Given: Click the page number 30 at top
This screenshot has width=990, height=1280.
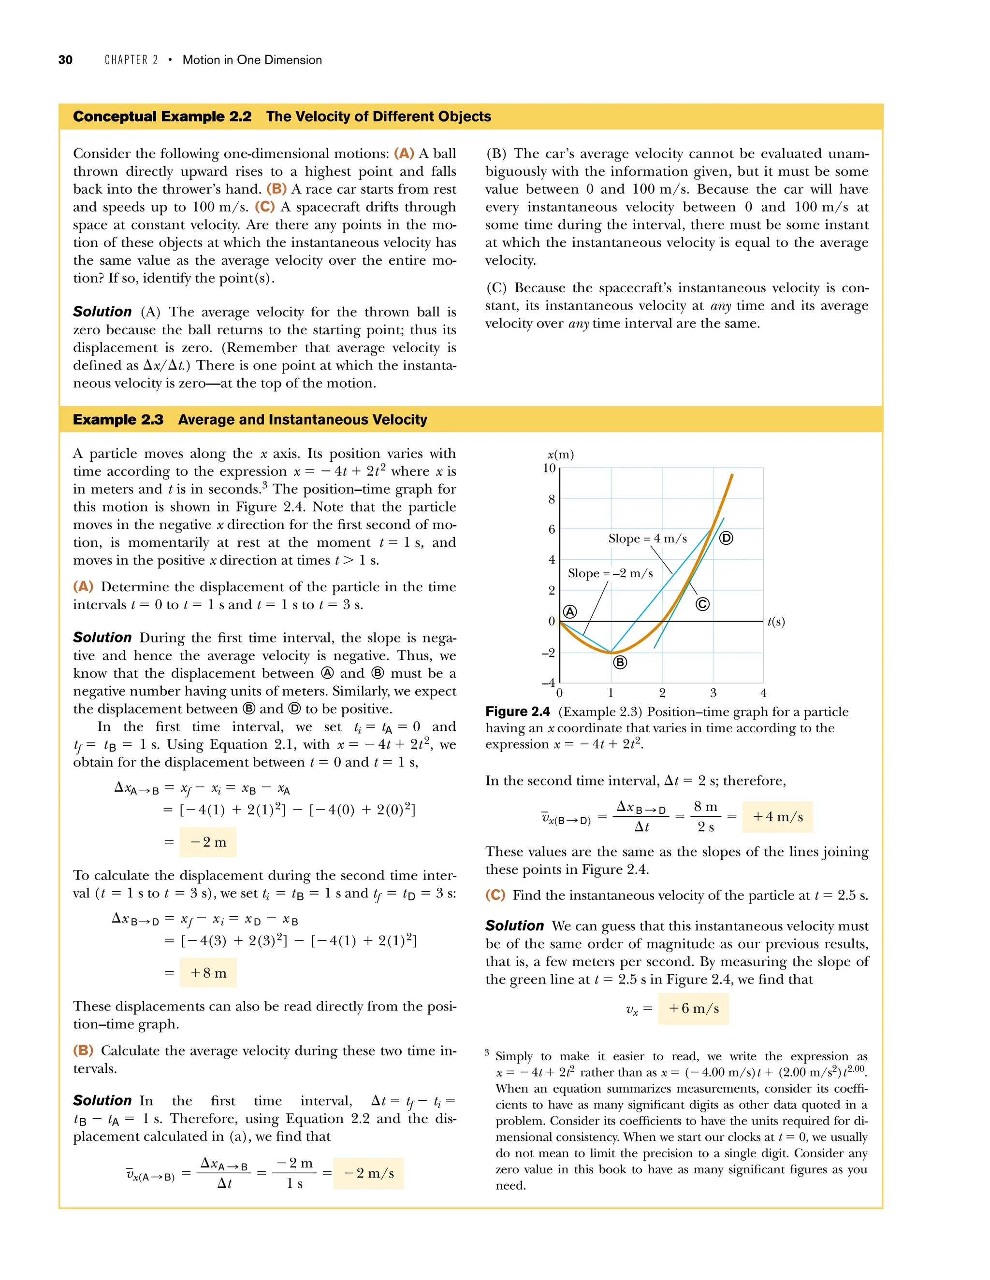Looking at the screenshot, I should (x=65, y=60).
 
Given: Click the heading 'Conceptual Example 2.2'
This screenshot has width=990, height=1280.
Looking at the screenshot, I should (x=162, y=116).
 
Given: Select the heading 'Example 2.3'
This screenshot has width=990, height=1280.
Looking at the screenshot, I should (x=118, y=420).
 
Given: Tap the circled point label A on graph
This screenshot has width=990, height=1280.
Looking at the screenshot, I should (x=569, y=612).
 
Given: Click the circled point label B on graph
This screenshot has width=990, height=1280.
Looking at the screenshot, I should (x=620, y=662).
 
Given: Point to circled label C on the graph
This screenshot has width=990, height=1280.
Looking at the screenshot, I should (x=702, y=604).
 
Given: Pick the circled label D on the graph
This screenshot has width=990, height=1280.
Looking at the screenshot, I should (x=726, y=538).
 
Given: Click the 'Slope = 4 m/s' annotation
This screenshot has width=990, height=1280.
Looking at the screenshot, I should (x=647, y=539).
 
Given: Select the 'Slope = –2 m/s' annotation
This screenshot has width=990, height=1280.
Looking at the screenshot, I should (x=610, y=573).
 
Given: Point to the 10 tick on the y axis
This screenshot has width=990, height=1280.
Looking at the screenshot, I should (x=549, y=468).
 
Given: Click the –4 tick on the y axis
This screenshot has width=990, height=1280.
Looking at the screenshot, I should (x=548, y=683).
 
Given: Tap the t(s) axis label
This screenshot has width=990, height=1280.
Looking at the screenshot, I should (x=776, y=622).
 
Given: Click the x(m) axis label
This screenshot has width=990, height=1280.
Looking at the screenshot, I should (x=560, y=454).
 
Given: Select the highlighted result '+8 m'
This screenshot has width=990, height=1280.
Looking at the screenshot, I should (x=208, y=973).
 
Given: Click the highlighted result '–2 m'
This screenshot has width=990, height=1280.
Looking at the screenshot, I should (x=208, y=842).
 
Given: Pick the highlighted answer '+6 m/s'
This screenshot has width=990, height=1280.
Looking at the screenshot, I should (x=693, y=1009).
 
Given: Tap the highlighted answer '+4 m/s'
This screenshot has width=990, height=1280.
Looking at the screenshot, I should (x=778, y=817).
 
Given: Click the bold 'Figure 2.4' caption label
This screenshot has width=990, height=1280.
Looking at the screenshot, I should (x=517, y=711).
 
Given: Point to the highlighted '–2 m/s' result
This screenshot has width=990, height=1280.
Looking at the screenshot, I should (x=368, y=1173).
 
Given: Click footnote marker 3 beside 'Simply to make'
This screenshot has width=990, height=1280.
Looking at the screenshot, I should (x=487, y=1052).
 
